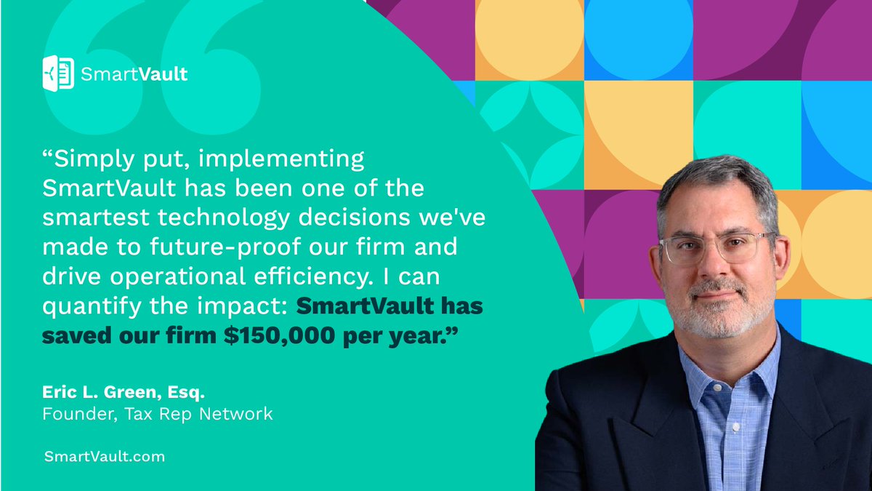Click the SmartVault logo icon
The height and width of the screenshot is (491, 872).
click(59, 73)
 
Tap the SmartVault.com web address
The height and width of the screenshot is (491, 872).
click(104, 457)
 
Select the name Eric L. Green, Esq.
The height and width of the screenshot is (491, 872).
click(124, 394)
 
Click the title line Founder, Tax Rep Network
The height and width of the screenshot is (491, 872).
click(158, 415)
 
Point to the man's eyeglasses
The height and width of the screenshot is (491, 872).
click(716, 247)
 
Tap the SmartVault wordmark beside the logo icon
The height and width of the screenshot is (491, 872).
click(134, 73)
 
